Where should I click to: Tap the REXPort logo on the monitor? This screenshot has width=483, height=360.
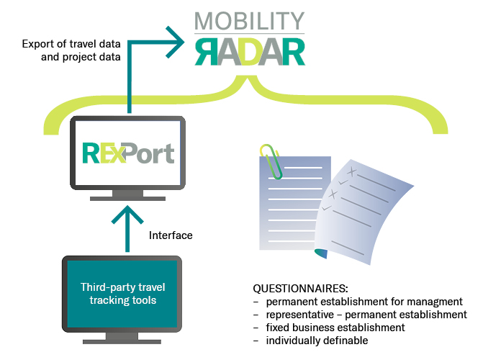click(128, 153)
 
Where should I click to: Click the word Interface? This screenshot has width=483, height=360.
click(171, 235)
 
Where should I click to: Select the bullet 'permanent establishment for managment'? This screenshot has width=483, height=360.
click(364, 301)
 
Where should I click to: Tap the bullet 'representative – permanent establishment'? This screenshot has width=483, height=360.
click(366, 314)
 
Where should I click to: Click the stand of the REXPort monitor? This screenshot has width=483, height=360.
click(128, 194)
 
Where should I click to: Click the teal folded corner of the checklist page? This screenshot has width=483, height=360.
click(322, 252)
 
